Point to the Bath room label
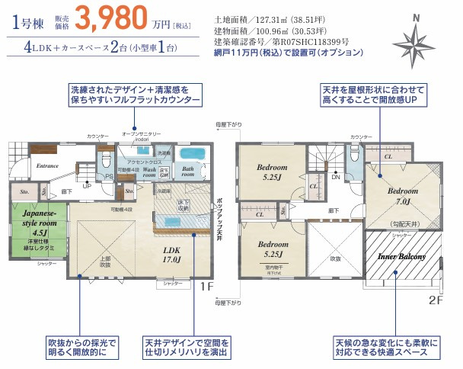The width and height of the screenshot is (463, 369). [188, 171]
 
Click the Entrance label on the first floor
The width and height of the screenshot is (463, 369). [47, 165]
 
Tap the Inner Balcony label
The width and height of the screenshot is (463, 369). [401, 257]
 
